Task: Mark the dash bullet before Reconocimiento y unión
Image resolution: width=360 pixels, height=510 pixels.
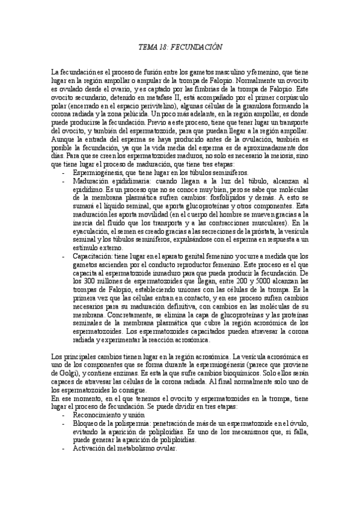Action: [64, 414]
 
